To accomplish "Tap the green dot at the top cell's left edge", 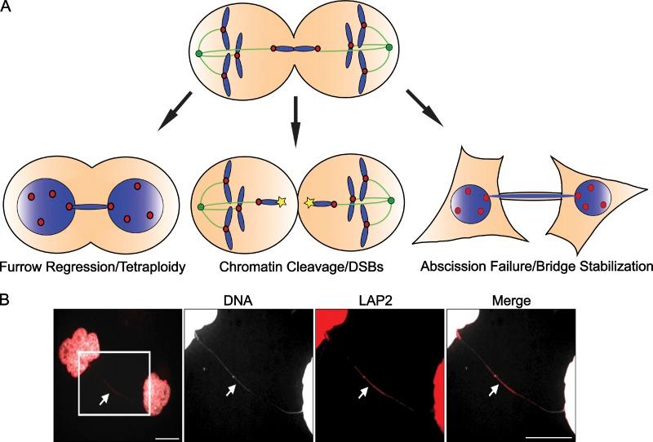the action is (x=198, y=54).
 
